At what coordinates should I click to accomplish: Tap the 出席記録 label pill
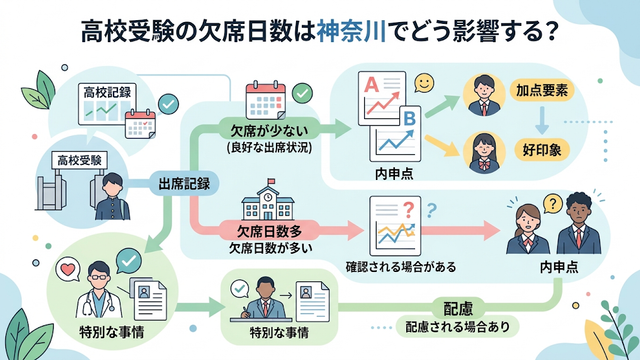point(184,183)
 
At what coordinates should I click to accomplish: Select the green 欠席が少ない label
point(269,131)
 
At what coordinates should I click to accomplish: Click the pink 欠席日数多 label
point(269,231)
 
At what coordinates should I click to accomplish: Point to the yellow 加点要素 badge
point(542,91)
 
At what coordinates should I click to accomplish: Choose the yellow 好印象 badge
point(542,150)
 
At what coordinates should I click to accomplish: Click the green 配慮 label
point(458,309)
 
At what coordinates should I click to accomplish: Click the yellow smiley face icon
point(424,83)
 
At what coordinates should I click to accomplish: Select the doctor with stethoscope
point(98,291)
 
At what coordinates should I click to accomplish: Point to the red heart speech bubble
point(67,269)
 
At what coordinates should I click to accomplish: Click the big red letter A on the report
point(372,85)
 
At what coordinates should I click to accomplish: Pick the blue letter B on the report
point(409,119)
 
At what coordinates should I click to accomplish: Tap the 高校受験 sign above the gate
point(80,160)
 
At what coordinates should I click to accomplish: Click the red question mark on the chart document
point(408,211)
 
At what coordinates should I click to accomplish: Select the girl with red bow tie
point(484,153)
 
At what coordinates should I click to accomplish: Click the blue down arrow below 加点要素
point(542,120)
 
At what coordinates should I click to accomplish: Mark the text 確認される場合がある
point(400,267)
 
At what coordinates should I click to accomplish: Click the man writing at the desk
point(264,300)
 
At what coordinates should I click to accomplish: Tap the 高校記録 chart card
point(107,104)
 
